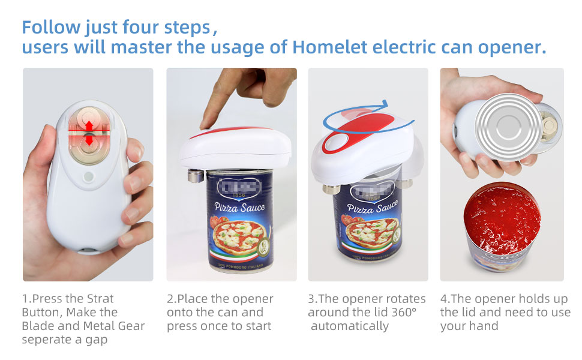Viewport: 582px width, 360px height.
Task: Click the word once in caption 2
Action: click(214, 326)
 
